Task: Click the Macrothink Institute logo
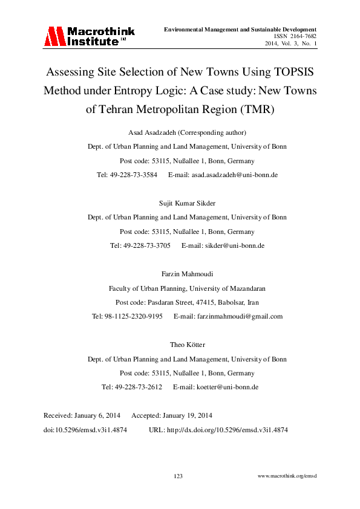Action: point(88,37)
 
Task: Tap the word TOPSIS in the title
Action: point(287,71)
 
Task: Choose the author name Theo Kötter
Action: point(187,345)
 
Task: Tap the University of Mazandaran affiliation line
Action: point(187,288)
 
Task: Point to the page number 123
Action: point(178,476)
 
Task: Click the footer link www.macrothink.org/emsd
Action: point(287,476)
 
